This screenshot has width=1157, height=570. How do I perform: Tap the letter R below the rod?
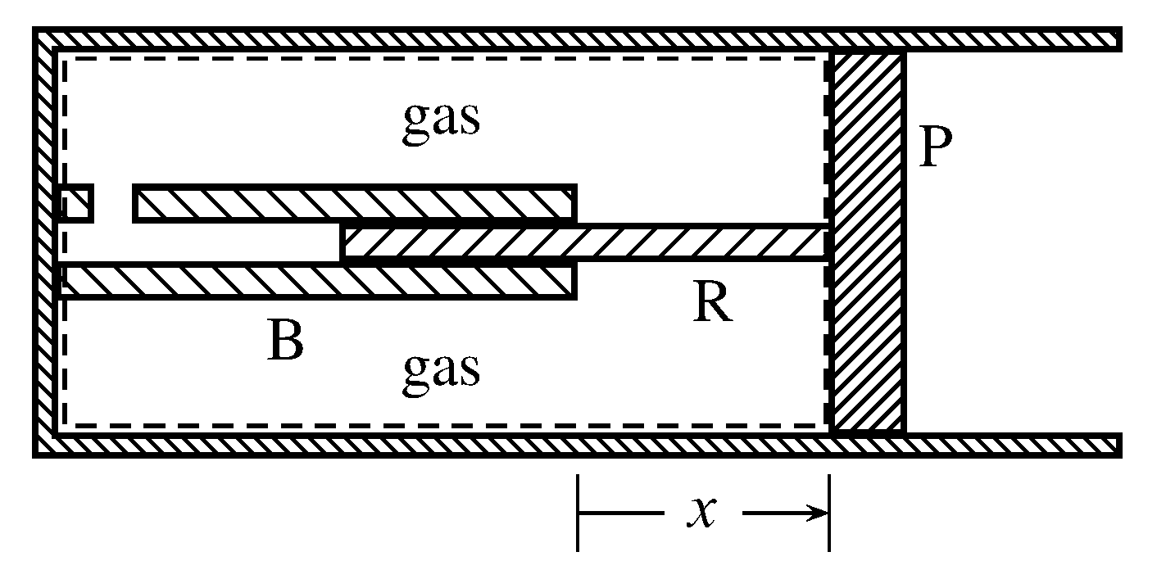click(711, 305)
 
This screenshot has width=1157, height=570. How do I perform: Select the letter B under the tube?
click(284, 342)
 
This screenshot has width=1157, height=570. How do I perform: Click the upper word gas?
click(440, 120)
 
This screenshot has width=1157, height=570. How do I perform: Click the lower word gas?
click(440, 371)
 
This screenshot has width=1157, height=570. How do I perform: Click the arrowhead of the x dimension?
click(815, 513)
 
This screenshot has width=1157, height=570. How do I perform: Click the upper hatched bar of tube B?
click(355, 203)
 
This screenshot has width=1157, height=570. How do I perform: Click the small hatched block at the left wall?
click(76, 203)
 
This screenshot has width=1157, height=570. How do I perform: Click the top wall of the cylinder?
click(574, 38)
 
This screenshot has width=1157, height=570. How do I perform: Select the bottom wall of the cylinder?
click(574, 445)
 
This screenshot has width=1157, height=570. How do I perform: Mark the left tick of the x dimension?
click(578, 513)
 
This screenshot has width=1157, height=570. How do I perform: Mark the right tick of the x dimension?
click(829, 513)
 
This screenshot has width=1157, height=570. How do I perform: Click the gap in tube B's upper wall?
click(113, 203)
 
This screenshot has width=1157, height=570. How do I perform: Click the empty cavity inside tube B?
click(201, 242)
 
